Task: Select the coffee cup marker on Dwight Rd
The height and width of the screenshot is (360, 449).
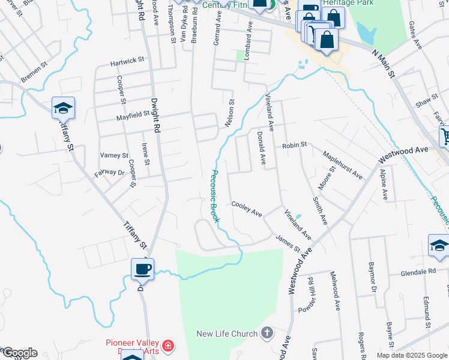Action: [x=143, y=269]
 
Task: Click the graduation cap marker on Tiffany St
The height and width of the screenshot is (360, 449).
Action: [x=63, y=108]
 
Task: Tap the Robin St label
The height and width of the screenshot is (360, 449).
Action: [x=295, y=145]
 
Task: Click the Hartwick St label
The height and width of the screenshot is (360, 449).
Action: [x=127, y=61]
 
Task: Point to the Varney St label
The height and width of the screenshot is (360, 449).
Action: [x=114, y=155]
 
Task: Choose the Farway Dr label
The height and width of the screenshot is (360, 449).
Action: [x=109, y=173]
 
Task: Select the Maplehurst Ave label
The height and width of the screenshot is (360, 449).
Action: [x=343, y=165]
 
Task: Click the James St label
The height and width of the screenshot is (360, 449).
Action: [x=288, y=244]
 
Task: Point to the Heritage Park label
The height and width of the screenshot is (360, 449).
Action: [x=348, y=3]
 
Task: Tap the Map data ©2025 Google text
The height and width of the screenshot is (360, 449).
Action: [x=412, y=355]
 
